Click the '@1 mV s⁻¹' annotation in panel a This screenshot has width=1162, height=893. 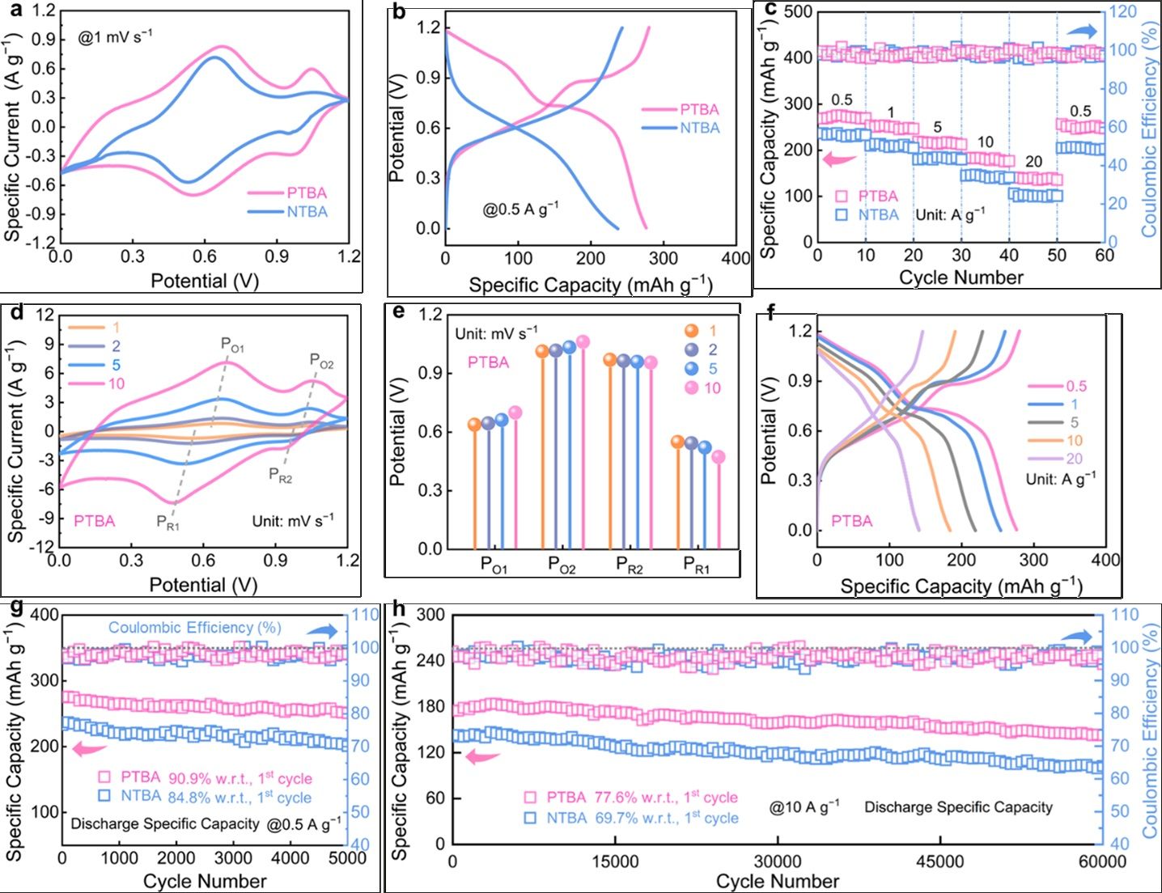[x=115, y=36]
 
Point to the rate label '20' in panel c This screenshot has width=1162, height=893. [x=1033, y=162]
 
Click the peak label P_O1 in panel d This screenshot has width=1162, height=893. [x=232, y=345]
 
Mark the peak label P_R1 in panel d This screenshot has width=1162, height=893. [x=168, y=523]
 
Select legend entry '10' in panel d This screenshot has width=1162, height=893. [x=116, y=383]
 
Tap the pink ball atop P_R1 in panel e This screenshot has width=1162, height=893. [x=719, y=457]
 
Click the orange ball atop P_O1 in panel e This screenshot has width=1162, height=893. [x=475, y=425]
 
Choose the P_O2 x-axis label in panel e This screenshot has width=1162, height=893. [x=562, y=565]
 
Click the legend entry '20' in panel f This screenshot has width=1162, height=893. [x=1075, y=459]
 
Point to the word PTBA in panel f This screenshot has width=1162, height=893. [x=852, y=522]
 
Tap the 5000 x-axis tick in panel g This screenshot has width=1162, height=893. [x=349, y=858]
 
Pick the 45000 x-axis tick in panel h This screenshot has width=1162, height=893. [x=940, y=862]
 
